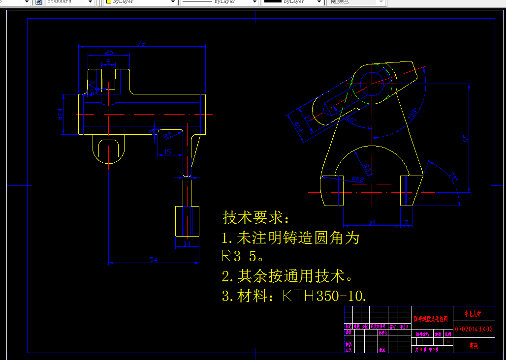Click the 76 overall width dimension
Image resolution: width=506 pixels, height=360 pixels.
pos(141,44)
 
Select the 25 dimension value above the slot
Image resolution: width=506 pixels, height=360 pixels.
pos(109,52)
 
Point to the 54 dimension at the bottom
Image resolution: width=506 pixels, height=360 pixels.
pos(154,260)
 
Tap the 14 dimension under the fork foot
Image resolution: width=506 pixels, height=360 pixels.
pos(187,243)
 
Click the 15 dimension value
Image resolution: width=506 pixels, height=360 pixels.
pos(167,152)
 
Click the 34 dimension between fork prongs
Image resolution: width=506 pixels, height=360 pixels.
pos(372,223)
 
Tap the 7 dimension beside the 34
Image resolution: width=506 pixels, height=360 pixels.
pos(406,223)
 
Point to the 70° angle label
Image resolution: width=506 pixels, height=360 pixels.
pos(452,177)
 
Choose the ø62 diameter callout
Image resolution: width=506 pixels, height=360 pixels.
pos(359,180)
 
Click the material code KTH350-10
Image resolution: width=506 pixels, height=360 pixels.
pos(325,296)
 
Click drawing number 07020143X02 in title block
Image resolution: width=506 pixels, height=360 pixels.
pos(473,329)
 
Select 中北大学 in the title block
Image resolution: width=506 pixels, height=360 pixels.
pos(473,313)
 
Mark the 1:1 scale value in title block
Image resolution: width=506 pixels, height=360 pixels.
pos(448,342)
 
